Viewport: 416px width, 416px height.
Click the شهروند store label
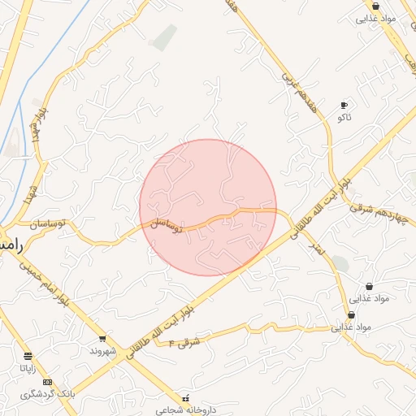pos(104,351)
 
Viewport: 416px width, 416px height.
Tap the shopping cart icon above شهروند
pos(102,338)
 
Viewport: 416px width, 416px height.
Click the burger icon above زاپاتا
pos(28,356)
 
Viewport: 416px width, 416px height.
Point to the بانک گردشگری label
pos(49,393)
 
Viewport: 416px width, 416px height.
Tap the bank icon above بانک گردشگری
pos(47,382)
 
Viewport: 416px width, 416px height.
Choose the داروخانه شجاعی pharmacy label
pos(188,409)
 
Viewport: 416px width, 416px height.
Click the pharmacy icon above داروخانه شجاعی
pos(188,398)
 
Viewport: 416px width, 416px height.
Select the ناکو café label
pos(344,118)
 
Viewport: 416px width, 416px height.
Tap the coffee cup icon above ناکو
pos(344,106)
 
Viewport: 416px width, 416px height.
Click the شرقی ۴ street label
pos(184,343)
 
